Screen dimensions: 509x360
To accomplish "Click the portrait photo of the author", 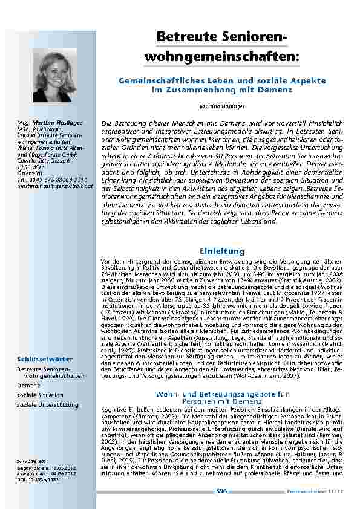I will (x=59, y=74).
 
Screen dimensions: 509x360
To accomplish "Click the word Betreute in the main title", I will (x=183, y=37).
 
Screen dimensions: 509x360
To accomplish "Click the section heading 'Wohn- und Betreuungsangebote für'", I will (x=222, y=394).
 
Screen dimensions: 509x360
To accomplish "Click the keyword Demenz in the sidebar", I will (x=29, y=384).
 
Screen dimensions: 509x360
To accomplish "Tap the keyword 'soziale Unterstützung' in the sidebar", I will (x=48, y=403).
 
